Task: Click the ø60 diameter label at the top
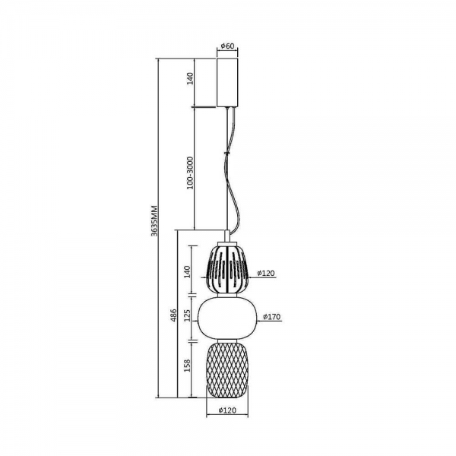tap(227, 46)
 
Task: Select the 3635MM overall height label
tap(154, 220)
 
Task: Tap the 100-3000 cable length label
tap(190, 173)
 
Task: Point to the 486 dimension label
tap(173, 315)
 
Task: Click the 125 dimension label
tap(188, 315)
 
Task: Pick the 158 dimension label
tap(188, 366)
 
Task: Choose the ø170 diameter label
tap(272, 317)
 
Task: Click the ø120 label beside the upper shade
tap(266, 273)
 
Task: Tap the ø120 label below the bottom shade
tap(227, 410)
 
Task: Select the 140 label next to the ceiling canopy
tap(190, 78)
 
